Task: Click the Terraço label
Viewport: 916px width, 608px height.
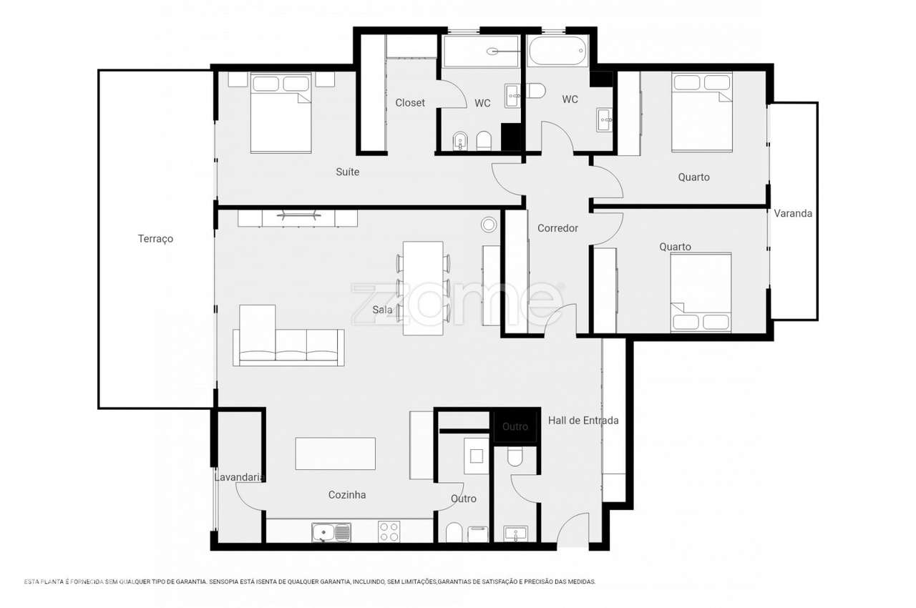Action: point(155,239)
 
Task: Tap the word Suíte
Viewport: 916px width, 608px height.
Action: point(348,172)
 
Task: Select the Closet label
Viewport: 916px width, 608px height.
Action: point(410,102)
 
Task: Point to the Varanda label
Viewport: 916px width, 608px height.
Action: point(793,213)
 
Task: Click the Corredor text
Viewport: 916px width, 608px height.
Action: point(557,228)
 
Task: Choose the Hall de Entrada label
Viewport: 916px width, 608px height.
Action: point(583,421)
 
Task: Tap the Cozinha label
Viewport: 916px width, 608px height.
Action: point(347,495)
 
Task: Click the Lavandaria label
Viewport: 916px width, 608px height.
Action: point(239,477)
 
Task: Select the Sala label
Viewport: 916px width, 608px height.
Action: point(382,310)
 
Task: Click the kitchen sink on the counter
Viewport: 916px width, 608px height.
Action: point(331,532)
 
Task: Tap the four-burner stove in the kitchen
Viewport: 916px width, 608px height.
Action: point(389,531)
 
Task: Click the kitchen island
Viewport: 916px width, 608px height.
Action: point(336,453)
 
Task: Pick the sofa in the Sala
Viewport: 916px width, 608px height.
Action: point(288,335)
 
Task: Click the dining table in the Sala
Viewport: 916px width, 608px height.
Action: point(423,288)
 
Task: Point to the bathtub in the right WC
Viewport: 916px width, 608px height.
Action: point(557,51)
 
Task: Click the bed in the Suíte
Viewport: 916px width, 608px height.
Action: point(281,113)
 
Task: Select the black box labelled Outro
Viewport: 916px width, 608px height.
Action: point(515,426)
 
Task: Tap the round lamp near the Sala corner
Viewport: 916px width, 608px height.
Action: point(489,225)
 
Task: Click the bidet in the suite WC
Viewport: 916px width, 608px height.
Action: point(460,141)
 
